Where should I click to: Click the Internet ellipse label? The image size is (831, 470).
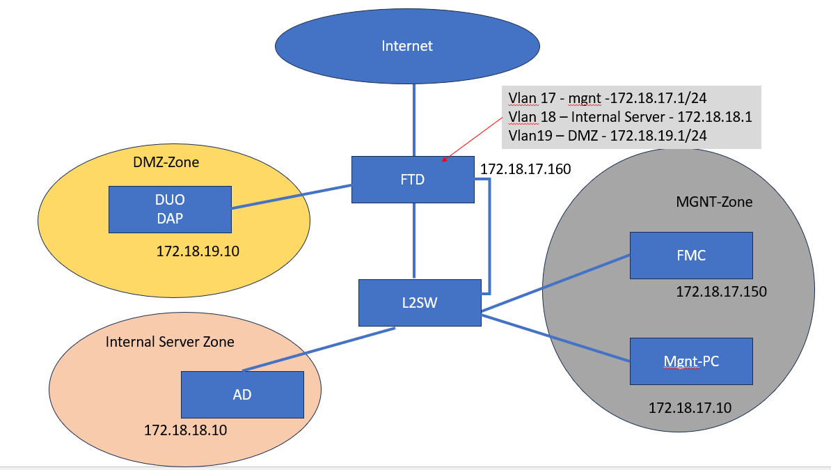click(x=407, y=46)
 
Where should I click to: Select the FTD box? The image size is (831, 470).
click(x=413, y=179)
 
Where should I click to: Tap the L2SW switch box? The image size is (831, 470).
click(x=420, y=302)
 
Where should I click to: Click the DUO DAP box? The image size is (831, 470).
click(x=170, y=209)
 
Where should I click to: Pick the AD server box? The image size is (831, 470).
click(x=242, y=394)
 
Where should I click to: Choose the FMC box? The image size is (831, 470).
click(x=691, y=256)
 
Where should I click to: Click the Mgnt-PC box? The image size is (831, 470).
click(x=691, y=361)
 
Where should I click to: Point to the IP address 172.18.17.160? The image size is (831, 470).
click(x=525, y=169)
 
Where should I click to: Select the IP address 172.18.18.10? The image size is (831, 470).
click(x=185, y=430)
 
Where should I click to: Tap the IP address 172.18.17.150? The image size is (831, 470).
click(x=721, y=292)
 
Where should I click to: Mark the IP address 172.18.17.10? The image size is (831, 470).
click(x=690, y=407)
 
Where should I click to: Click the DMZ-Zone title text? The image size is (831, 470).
click(x=166, y=162)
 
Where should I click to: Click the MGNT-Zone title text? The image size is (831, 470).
click(x=714, y=202)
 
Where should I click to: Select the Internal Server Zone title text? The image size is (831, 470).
click(x=170, y=342)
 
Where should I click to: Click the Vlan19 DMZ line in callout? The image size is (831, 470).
click(x=608, y=136)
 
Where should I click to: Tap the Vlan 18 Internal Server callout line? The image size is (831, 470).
click(x=630, y=116)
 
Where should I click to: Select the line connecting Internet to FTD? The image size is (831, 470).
click(x=414, y=118)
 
